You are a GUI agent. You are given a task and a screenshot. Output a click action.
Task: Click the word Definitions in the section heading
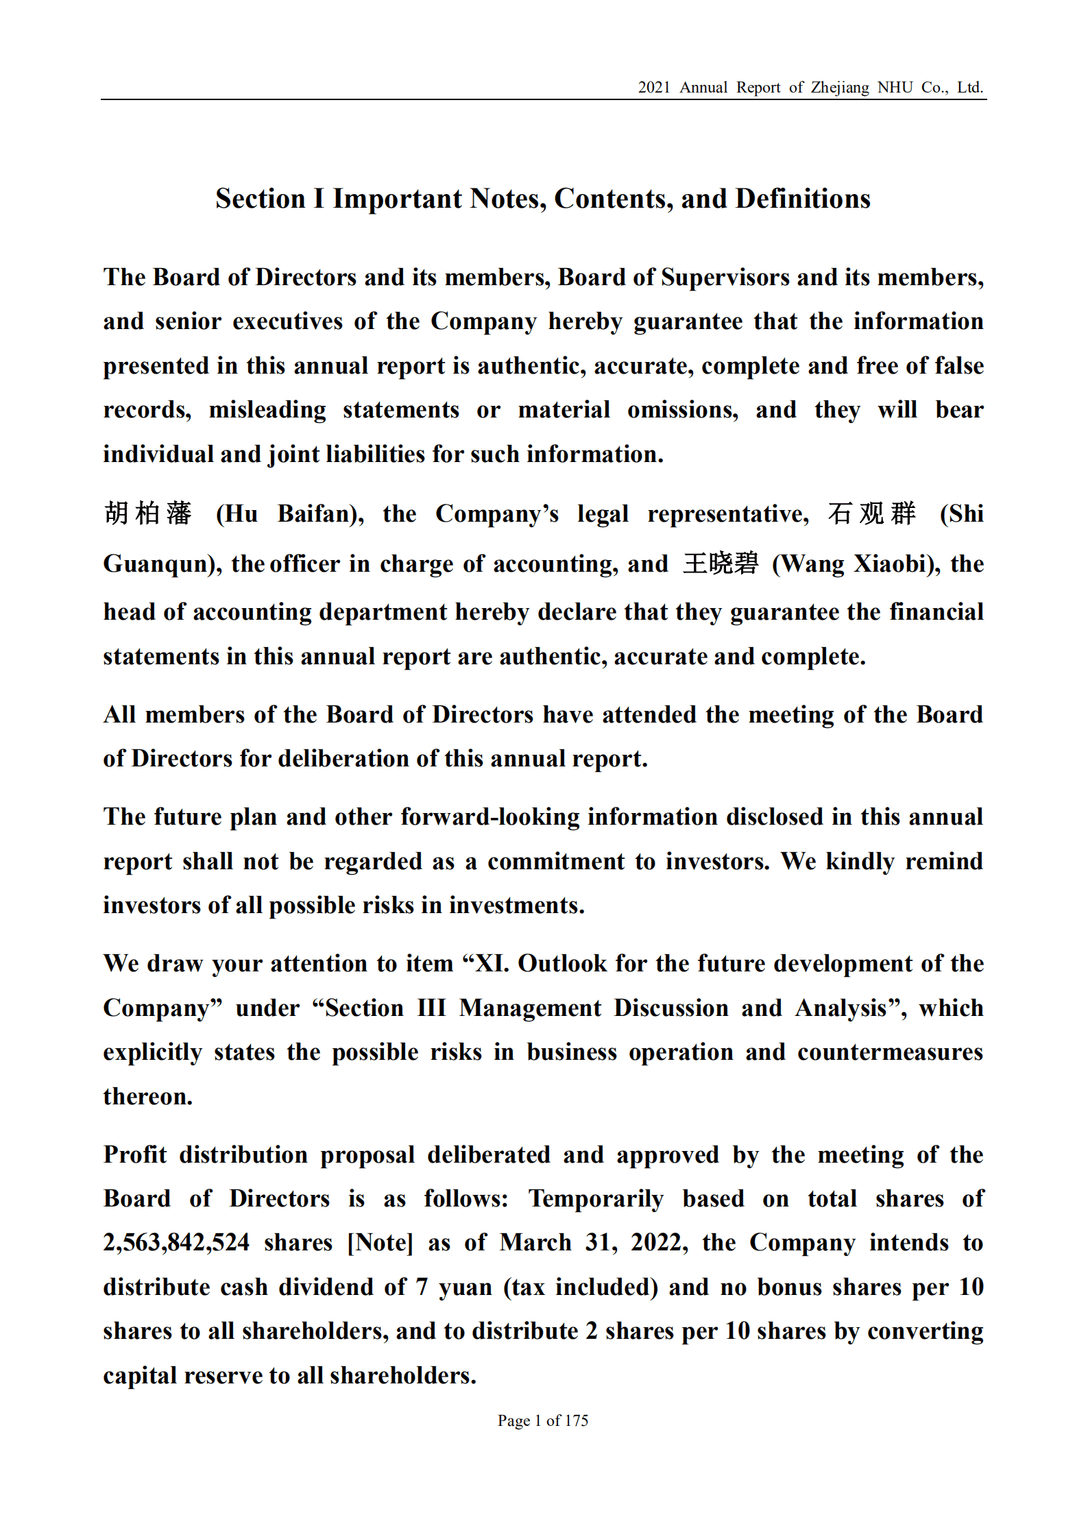point(802,199)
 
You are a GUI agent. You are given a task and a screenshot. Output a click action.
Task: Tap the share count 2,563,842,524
point(176,1243)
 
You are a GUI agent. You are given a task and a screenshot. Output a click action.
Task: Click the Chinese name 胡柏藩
point(147,513)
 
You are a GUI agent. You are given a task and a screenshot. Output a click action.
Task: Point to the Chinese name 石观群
point(871,513)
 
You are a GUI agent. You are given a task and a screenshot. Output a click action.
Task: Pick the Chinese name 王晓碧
point(721,564)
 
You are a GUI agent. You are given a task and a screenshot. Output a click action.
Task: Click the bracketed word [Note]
point(380,1243)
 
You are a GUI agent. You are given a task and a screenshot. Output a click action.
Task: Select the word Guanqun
point(159,564)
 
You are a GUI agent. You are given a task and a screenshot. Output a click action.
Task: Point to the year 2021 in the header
point(653,88)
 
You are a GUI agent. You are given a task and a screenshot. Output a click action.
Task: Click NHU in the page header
point(895,88)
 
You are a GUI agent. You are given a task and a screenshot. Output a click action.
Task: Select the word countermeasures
point(890,1052)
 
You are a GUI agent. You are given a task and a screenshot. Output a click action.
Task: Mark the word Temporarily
point(596,1199)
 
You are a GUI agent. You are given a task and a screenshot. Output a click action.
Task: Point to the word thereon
point(147,1097)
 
